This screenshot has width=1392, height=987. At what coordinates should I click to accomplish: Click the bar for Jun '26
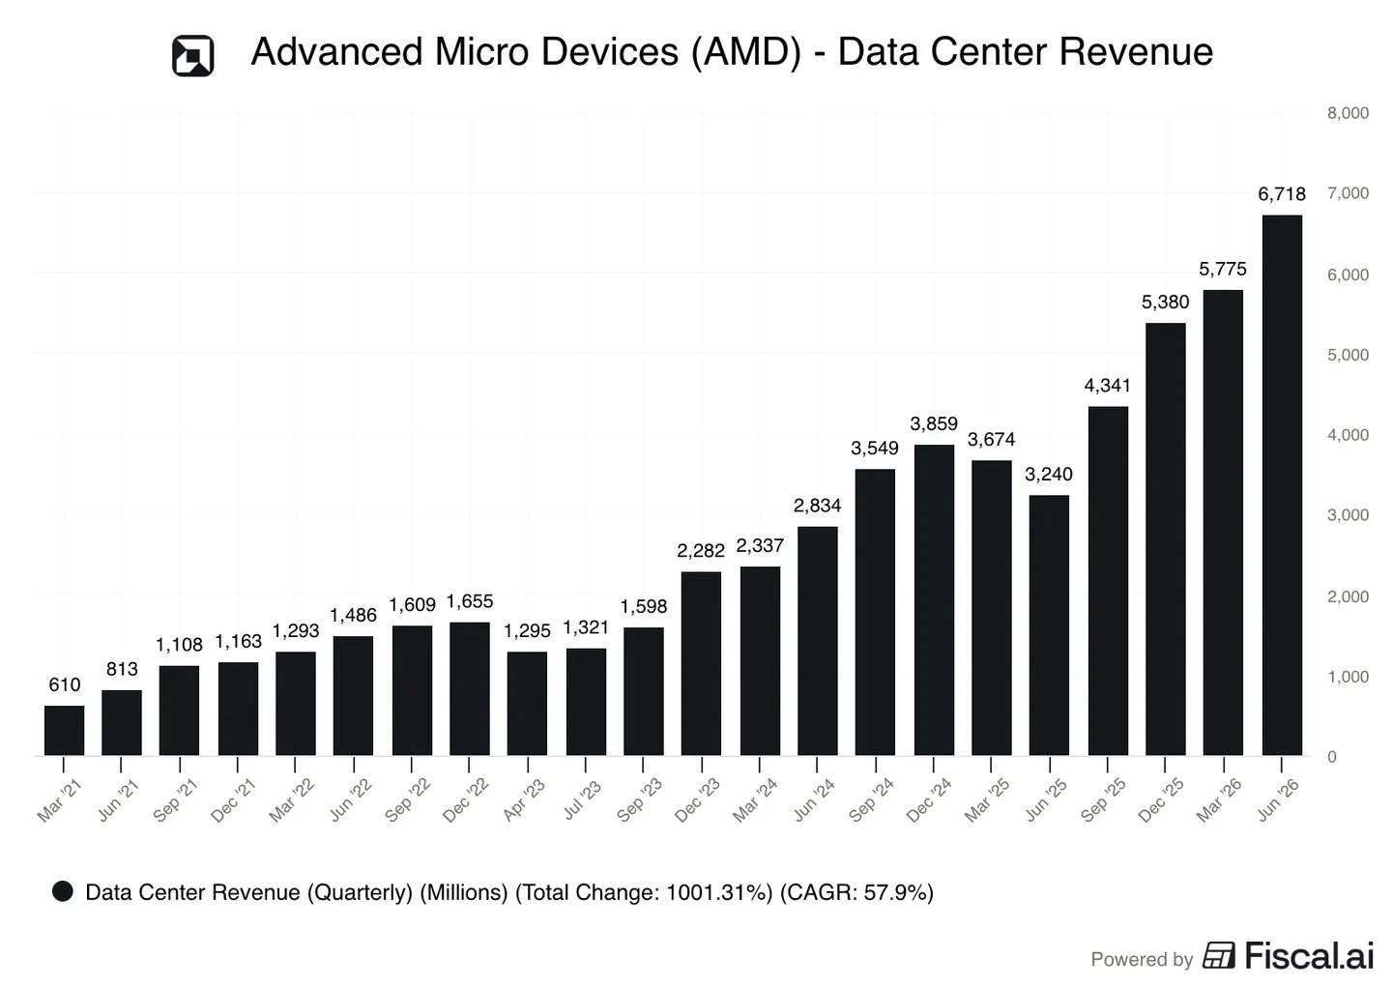click(1282, 484)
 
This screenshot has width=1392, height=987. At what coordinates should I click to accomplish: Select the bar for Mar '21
click(64, 730)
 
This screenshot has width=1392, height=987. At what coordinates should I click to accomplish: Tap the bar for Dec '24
click(934, 599)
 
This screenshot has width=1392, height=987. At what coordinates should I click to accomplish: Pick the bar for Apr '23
click(527, 704)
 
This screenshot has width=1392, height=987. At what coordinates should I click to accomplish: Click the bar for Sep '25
click(1108, 581)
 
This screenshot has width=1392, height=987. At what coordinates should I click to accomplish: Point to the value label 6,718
click(1282, 194)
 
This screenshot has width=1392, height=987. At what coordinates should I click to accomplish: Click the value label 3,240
click(1048, 475)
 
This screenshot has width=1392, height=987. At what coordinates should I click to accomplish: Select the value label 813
click(122, 669)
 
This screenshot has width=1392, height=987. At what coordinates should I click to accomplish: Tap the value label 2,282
click(701, 551)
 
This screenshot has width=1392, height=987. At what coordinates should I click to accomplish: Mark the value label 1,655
click(469, 601)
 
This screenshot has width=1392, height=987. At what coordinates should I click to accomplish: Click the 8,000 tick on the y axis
click(1348, 113)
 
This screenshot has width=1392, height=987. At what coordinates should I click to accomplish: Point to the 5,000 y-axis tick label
click(1348, 355)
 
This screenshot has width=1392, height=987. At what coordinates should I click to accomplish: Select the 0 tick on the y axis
click(1332, 757)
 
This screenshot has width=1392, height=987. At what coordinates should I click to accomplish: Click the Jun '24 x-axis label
click(814, 800)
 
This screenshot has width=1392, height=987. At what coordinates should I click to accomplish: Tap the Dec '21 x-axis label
click(233, 800)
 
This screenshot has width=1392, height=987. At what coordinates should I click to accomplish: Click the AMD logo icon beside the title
click(192, 56)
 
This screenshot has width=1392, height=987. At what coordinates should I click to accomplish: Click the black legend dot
click(63, 891)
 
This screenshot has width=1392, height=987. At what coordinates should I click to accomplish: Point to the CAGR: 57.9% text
click(856, 892)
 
